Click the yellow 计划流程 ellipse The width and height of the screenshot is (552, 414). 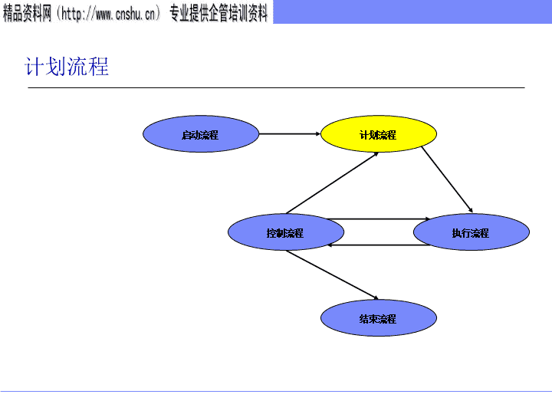tap(379, 133)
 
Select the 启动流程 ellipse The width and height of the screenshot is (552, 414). tap(201, 133)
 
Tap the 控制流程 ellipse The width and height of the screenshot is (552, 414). tap(286, 232)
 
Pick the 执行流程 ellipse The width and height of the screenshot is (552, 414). tap(472, 232)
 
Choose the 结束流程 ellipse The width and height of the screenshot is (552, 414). tap(379, 318)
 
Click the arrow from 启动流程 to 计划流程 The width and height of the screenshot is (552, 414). tap(290, 133)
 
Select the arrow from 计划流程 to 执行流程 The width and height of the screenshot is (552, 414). tap(447, 179)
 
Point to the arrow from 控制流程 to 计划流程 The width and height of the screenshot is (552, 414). tap(332, 183)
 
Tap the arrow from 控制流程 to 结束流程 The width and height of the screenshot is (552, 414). tap(332, 275)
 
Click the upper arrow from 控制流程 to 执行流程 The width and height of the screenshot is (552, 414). tap(379, 219)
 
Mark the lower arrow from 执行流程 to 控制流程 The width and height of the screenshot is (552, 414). tap(379, 245)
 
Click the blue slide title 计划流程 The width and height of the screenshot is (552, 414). tap(67, 66)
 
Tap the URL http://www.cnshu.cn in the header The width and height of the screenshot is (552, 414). tap(108, 13)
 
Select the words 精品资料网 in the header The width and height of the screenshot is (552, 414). tap(27, 13)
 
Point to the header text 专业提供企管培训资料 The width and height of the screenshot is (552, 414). tap(219, 13)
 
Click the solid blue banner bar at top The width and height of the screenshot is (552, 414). tap(412, 11)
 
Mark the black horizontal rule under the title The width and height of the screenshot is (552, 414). tap(276, 87)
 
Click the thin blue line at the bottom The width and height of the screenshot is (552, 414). tap(276, 391)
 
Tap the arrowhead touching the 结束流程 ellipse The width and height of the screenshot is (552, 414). tap(376, 297)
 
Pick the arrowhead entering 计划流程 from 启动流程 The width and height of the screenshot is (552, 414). tap(318, 133)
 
